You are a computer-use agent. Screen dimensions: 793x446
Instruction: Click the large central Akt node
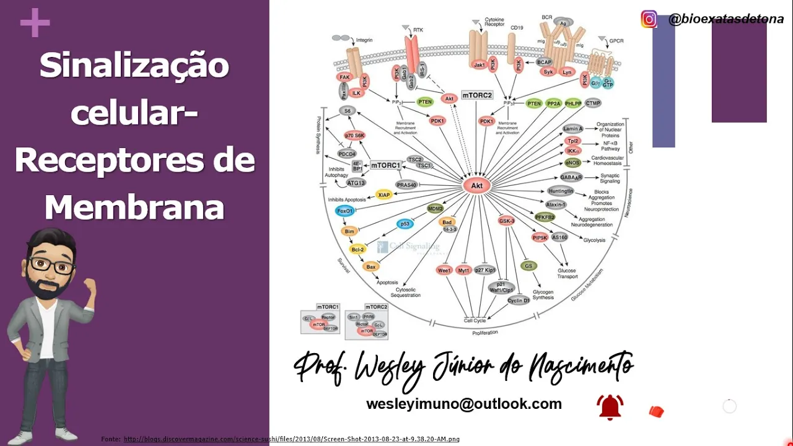(x=476, y=185)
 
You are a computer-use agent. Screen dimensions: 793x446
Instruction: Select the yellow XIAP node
(x=384, y=195)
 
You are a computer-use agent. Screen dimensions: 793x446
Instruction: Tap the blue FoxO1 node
(x=344, y=211)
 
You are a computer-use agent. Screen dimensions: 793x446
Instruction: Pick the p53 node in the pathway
(x=405, y=224)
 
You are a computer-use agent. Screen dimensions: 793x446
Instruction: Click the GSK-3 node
(x=507, y=221)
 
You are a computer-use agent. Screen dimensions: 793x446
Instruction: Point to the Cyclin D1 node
(x=519, y=300)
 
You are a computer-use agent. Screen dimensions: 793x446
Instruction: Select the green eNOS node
(x=572, y=163)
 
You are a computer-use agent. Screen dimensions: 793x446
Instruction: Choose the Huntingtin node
(x=561, y=191)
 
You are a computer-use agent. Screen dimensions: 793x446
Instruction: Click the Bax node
(x=370, y=267)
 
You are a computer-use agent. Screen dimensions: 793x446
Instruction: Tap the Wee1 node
(x=444, y=270)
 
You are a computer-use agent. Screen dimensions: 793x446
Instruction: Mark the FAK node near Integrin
(x=345, y=77)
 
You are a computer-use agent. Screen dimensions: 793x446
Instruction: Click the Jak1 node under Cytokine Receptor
(x=479, y=64)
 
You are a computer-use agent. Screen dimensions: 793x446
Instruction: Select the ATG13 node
(x=356, y=183)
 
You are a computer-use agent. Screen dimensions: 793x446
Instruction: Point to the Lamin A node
(x=573, y=129)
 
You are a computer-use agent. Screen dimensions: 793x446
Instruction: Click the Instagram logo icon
(x=649, y=19)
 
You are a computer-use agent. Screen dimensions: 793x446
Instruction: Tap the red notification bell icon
(x=610, y=407)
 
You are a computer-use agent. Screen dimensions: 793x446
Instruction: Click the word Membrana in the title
(x=134, y=207)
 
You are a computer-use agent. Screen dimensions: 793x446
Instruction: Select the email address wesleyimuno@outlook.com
(x=463, y=404)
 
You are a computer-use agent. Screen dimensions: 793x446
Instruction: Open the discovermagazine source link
(x=291, y=439)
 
